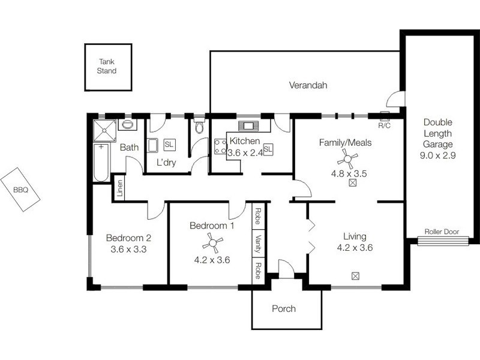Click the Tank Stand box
[107, 67]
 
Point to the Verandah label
[308, 85]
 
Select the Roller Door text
[442, 232]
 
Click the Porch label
[284, 309]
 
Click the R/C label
[384, 126]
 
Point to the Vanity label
[257, 246]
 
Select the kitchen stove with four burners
[220, 147]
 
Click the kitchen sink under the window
[247, 127]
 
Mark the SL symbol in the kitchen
[268, 148]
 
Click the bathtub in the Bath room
[101, 160]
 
